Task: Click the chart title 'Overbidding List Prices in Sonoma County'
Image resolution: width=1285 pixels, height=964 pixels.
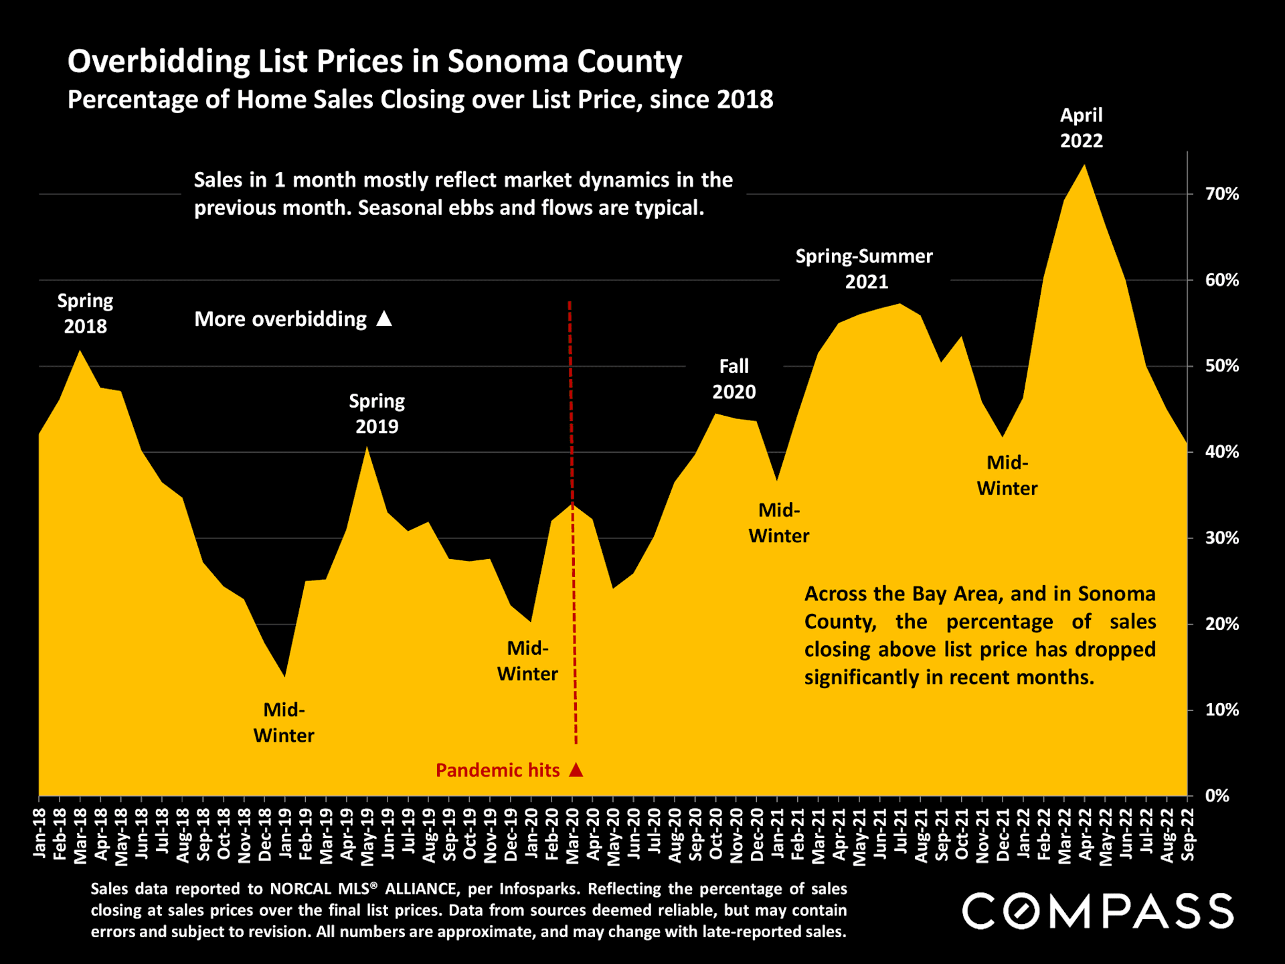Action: (375, 62)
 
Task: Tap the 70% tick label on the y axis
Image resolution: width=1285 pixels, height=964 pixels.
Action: (1221, 194)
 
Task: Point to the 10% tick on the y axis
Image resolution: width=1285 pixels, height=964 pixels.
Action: (1221, 710)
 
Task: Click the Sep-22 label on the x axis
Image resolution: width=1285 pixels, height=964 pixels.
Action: (1189, 833)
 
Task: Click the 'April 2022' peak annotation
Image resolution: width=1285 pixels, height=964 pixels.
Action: (1081, 128)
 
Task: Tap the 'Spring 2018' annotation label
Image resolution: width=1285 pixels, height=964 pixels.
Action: (85, 313)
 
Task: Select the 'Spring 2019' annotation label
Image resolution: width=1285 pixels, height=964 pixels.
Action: (377, 414)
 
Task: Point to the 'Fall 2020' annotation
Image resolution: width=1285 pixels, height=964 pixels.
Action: (734, 379)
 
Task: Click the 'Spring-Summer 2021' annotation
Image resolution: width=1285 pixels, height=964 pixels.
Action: (864, 268)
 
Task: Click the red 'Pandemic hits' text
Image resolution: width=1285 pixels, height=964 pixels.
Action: (497, 771)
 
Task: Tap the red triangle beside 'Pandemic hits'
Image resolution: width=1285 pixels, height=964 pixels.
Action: (576, 770)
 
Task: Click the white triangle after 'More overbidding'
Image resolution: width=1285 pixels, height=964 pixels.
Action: (384, 319)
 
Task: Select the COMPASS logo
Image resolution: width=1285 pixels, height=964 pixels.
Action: (1098, 911)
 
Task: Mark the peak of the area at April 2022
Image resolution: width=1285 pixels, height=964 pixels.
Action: (1084, 165)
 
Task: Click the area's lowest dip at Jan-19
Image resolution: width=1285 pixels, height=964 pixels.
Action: (285, 677)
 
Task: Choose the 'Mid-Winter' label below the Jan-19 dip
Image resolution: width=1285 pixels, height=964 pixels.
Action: (284, 722)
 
